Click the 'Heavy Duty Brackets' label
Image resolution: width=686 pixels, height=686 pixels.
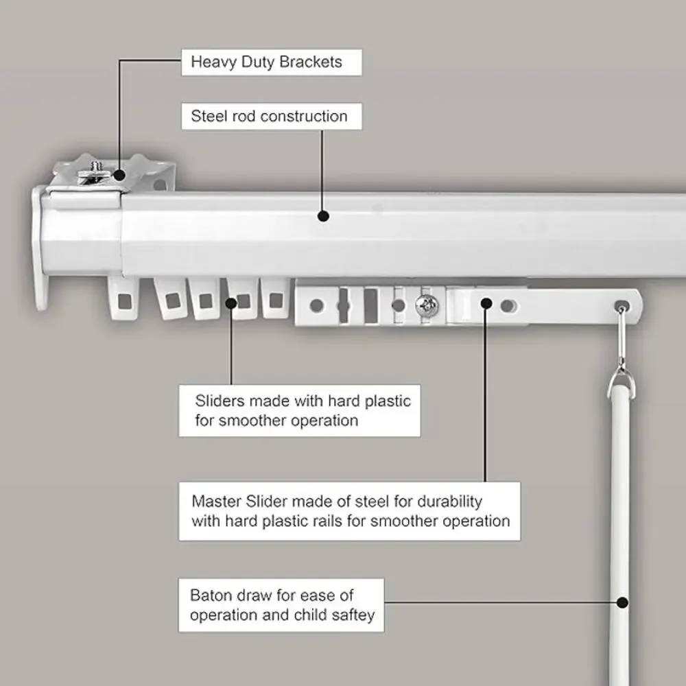266,62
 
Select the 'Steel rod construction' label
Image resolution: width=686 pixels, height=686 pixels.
269,117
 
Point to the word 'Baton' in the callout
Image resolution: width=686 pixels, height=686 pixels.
209,595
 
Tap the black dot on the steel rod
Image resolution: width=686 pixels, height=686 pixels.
323,215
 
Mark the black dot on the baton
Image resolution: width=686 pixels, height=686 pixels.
623,602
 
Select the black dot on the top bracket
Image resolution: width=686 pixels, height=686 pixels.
119,176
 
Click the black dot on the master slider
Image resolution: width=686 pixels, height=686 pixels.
486,303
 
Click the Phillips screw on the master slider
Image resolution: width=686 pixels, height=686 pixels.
427,305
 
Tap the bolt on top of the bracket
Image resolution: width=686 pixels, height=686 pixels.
94,171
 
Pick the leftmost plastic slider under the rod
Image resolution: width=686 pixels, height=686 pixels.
123,299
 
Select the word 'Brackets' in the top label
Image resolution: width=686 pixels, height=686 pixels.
311,62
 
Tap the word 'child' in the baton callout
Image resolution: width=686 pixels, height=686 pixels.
311,615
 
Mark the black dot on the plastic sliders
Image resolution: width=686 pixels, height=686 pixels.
231,303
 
